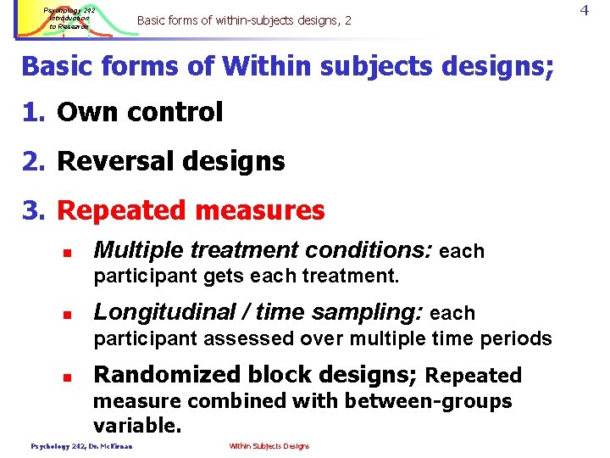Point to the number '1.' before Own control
click(35, 112)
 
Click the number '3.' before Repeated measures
click(35, 210)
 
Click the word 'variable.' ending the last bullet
click(137, 425)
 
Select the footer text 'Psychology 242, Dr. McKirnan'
click(82, 446)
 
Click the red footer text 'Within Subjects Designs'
click(269, 446)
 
